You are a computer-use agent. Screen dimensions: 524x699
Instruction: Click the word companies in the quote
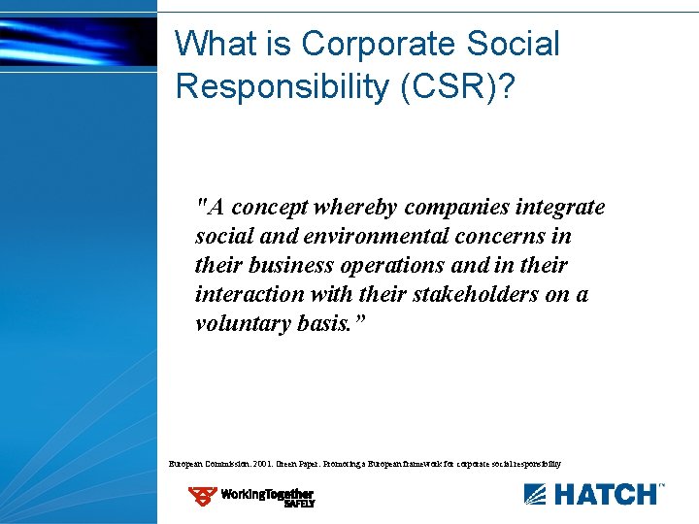[449, 207]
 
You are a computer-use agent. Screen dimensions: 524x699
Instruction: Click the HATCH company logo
[594, 494]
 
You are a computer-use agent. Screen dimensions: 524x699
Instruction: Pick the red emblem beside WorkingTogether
[203, 497]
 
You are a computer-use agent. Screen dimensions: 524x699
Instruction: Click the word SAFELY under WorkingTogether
[299, 504]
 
